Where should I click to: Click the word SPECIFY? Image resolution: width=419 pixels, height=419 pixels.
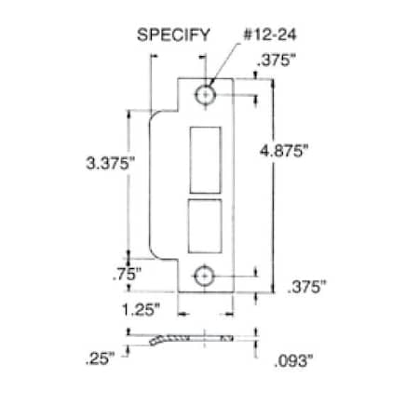[x=173, y=37]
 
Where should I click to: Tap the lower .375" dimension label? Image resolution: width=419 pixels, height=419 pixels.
[x=308, y=289]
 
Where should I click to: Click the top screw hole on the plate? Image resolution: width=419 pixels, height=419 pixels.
[x=206, y=95]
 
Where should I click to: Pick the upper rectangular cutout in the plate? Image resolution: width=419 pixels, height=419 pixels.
[x=205, y=158]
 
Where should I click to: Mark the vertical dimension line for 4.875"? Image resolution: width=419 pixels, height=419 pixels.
[x=273, y=186]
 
